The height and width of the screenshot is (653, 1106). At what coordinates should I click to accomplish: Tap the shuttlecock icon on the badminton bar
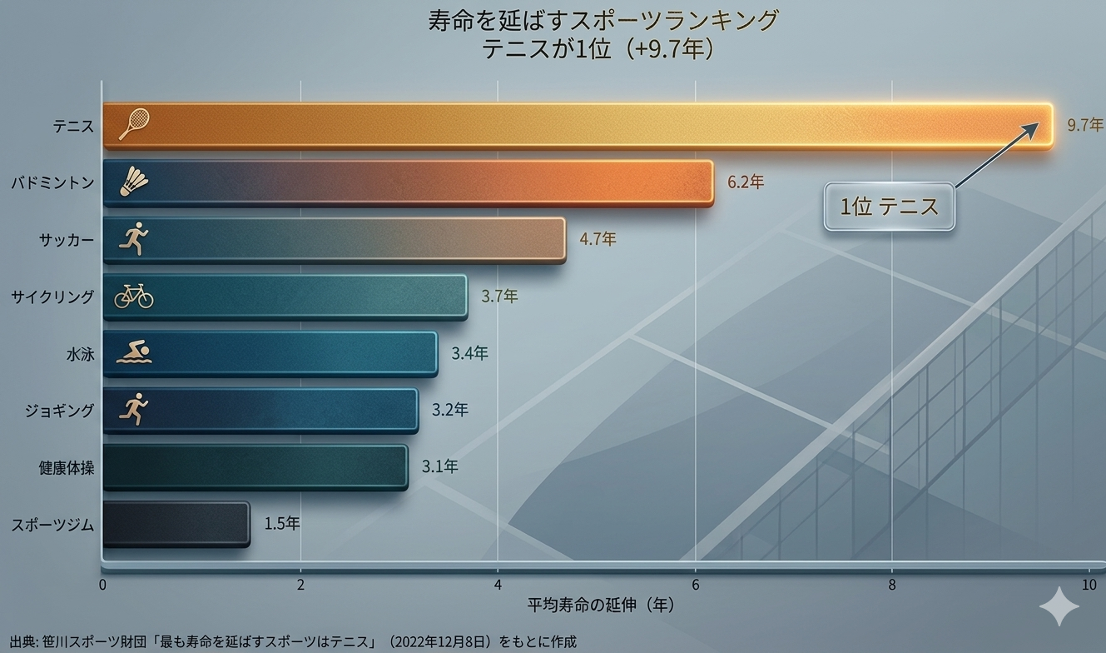coord(133,182)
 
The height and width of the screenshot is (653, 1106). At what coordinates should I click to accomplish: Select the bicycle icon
coord(133,296)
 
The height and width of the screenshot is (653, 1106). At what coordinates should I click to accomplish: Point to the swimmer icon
coord(133,353)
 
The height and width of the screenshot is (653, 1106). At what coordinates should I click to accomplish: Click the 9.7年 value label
coord(1085,125)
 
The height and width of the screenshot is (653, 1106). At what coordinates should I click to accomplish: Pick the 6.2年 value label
coord(746,182)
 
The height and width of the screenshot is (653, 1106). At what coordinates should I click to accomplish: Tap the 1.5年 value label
coord(282,524)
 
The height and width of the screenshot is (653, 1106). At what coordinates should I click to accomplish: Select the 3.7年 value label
coord(499,296)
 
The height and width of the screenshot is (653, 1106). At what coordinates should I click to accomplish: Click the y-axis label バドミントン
coord(52,182)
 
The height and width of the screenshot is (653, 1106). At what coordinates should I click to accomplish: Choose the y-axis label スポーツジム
coord(52,526)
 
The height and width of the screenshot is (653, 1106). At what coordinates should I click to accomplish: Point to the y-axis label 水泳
coord(80,354)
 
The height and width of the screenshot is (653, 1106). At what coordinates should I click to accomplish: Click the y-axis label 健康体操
coord(67,468)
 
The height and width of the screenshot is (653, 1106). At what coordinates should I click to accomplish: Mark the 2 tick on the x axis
coord(300,584)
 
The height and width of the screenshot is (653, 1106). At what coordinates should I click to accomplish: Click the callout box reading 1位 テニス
coord(889,207)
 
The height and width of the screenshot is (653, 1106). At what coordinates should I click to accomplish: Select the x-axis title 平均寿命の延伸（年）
coord(600,604)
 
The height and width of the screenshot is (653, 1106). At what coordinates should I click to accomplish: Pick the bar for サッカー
coord(334,240)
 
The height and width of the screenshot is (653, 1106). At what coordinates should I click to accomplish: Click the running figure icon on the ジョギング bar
coord(133,410)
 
